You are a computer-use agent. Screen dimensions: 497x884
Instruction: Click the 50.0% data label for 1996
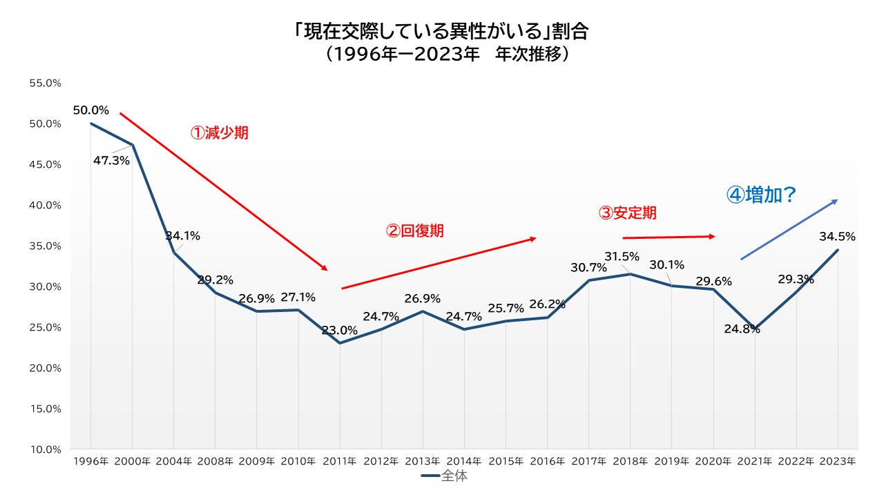click(x=91, y=110)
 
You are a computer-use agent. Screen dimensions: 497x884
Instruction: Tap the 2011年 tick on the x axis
click(x=340, y=461)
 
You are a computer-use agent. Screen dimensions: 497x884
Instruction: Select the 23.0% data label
click(x=340, y=330)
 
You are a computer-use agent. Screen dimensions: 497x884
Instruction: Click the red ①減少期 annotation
click(x=219, y=133)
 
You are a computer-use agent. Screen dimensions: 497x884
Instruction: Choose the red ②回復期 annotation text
click(x=414, y=231)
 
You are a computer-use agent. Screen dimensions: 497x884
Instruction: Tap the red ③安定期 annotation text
click(x=627, y=213)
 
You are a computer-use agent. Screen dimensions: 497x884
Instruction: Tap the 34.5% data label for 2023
click(x=837, y=236)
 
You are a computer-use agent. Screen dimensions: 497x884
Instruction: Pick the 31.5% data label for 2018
click(x=622, y=257)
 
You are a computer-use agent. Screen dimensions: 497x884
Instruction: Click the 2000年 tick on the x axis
click(x=133, y=461)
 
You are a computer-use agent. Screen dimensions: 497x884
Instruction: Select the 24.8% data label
click(x=742, y=329)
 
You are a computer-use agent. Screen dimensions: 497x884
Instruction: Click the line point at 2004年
click(x=174, y=253)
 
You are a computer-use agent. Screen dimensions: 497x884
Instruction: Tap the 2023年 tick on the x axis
click(x=838, y=461)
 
